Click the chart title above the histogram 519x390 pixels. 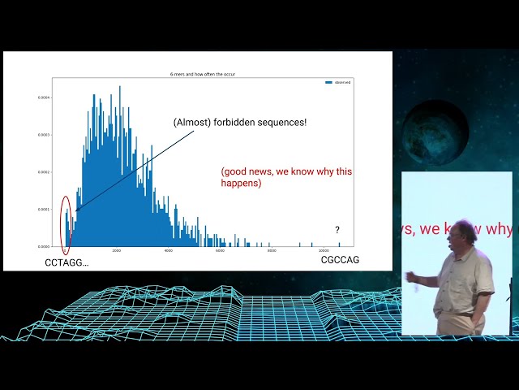[203, 74]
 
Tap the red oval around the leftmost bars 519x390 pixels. [66, 220]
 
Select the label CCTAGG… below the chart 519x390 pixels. [67, 262]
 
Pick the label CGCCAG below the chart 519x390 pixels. [340, 260]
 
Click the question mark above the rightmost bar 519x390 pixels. [337, 230]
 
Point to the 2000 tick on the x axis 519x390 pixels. [117, 251]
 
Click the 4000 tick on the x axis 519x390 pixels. [169, 251]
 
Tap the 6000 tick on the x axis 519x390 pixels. [220, 251]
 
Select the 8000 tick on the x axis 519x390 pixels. [272, 251]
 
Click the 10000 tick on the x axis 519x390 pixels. [324, 251]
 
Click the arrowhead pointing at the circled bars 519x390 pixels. [76, 211]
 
